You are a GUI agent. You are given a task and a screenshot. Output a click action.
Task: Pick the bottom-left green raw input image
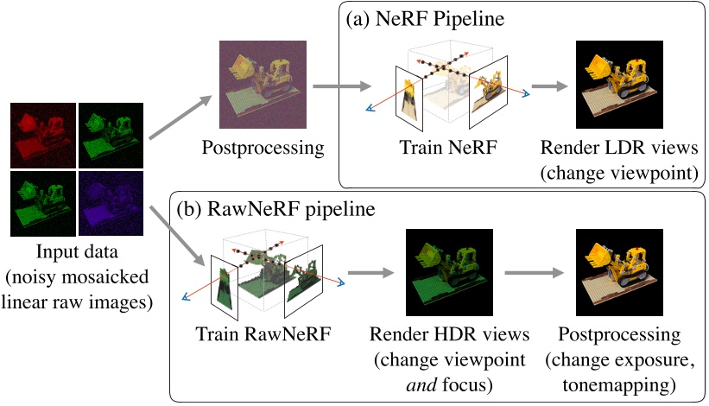tap(41, 203)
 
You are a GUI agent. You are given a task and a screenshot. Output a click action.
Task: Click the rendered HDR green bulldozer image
tap(449, 272)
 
